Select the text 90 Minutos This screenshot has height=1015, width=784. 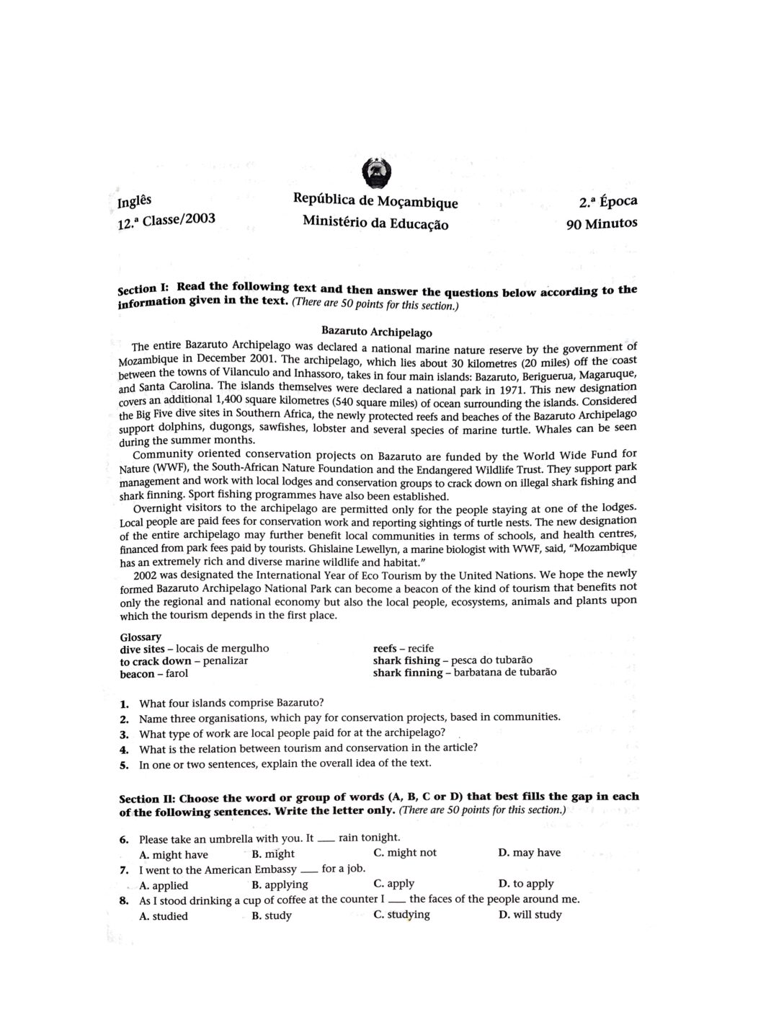[x=601, y=223]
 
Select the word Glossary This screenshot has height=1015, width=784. [x=141, y=637]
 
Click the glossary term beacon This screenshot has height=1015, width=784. [x=137, y=674]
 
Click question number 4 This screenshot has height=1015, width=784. [x=124, y=749]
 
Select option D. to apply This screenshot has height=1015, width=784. [x=526, y=884]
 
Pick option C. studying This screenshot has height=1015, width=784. [x=401, y=915]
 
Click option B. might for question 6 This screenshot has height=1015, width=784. [x=273, y=854]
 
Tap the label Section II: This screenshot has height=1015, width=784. [x=146, y=799]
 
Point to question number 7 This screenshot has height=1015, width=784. [x=124, y=870]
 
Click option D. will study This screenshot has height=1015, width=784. [x=530, y=916]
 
